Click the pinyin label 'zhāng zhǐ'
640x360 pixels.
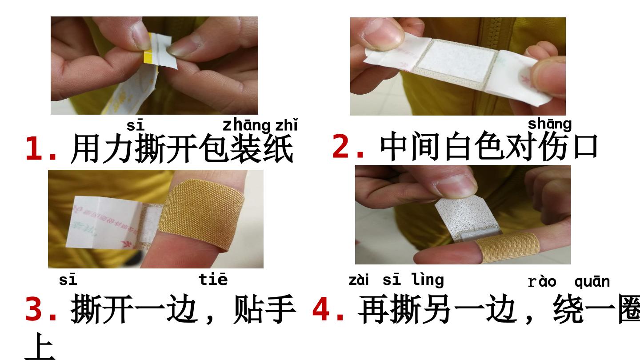tap(260, 125)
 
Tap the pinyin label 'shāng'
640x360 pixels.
tap(549, 124)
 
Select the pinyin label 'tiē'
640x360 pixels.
tap(213, 279)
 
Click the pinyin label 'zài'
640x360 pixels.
tap(359, 280)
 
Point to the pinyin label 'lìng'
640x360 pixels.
tap(428, 280)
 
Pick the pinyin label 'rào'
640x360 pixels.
tap(542, 282)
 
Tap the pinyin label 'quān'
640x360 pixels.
tap(592, 282)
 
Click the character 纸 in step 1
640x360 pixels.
tap(278, 148)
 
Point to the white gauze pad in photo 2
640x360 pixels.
tap(456, 64)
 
